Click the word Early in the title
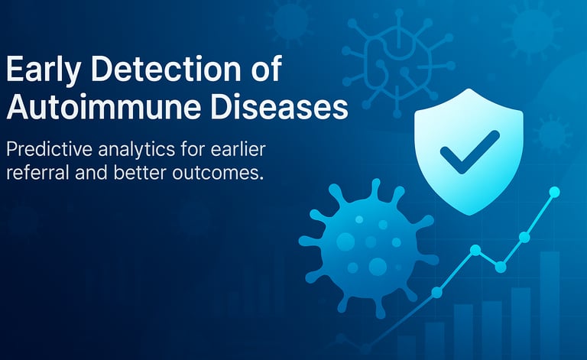[x=43, y=69]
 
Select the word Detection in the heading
[x=166, y=69]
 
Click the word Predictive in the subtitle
[x=49, y=149]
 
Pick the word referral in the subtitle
[x=37, y=173]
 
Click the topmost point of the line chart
[x=554, y=193]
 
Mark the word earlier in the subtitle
[x=238, y=149]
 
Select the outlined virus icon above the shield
[x=398, y=63]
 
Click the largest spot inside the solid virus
[x=378, y=267]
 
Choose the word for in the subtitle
[x=193, y=149]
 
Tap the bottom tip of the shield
[x=469, y=216]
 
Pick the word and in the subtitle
[x=92, y=173]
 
